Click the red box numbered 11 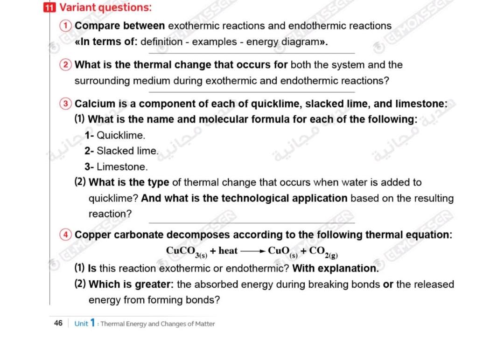click(x=48, y=7)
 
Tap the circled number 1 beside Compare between click(x=68, y=26)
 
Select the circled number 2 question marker click(x=68, y=65)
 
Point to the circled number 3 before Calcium click(x=68, y=103)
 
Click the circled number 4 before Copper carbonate click(x=68, y=235)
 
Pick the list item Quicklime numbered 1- click(x=115, y=136)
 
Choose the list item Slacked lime click(x=122, y=151)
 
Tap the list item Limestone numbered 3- click(x=116, y=166)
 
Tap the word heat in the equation click(x=228, y=251)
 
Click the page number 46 click(x=58, y=323)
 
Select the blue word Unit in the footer click(x=81, y=324)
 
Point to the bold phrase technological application click(x=284, y=198)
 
